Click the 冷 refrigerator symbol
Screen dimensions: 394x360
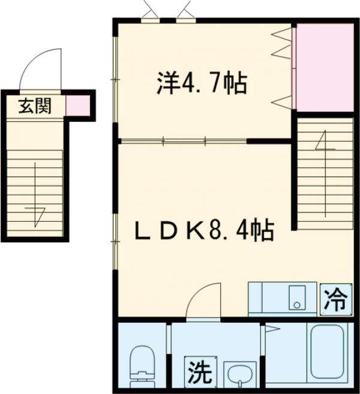point(336,297)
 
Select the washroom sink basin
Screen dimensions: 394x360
point(241,375)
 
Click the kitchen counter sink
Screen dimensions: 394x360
point(296,298)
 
